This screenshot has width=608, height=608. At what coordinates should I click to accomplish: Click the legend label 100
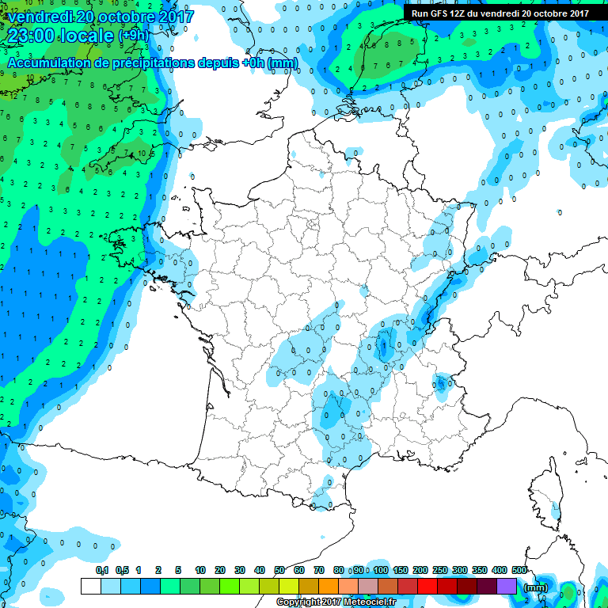[381, 571]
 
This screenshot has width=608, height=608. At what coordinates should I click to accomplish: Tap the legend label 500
[519, 571]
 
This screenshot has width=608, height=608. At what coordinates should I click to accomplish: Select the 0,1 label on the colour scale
[102, 571]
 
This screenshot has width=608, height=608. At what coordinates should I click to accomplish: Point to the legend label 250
[440, 571]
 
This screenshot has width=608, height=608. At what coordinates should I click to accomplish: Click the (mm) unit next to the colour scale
[536, 587]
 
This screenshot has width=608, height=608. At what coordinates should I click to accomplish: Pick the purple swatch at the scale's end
[507, 587]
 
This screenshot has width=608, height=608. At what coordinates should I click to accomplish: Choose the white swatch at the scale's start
[91, 587]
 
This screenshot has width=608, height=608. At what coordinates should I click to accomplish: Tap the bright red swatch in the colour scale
[427, 587]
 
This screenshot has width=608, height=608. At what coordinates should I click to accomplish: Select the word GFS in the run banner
[439, 13]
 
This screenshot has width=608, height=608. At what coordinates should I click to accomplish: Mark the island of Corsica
[548, 491]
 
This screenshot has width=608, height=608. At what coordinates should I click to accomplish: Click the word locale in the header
[90, 36]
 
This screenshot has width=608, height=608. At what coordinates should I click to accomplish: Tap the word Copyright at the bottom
[297, 602]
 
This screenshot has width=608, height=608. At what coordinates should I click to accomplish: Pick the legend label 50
[279, 571]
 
